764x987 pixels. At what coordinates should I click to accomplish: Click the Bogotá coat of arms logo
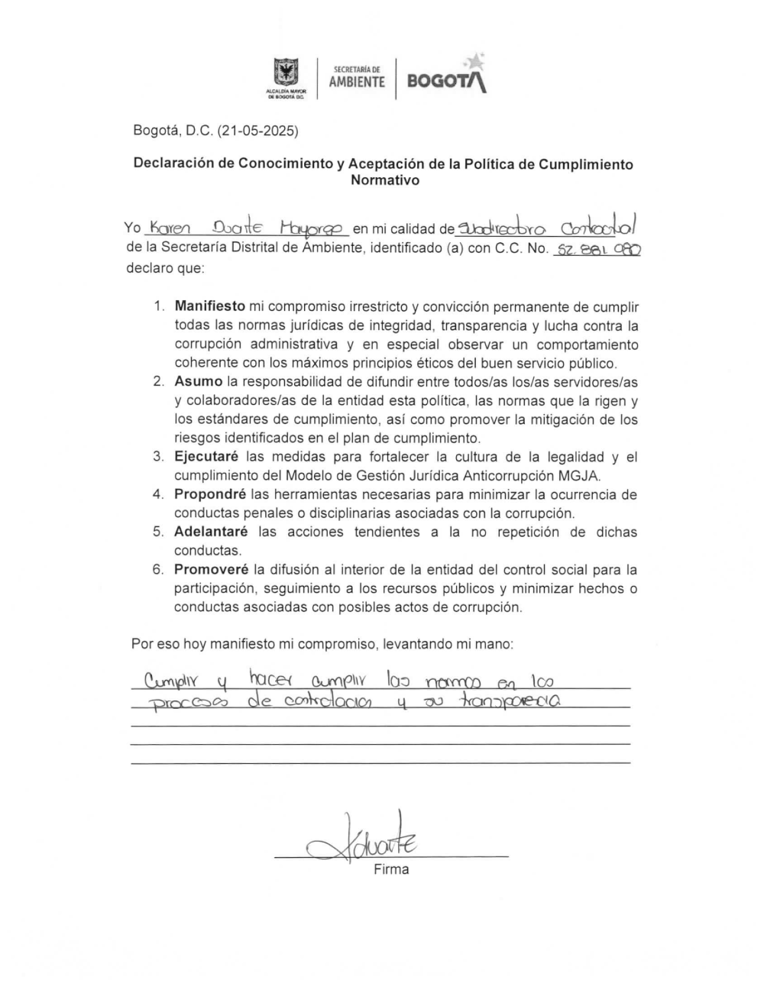tap(286, 75)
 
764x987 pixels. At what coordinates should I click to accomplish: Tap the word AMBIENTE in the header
tap(357, 83)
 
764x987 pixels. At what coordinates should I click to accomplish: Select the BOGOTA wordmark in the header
tap(446, 81)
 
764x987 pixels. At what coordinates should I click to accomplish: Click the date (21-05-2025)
tap(257, 131)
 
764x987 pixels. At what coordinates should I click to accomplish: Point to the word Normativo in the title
tap(385, 181)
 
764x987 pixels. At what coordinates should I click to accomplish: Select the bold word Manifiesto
tap(210, 306)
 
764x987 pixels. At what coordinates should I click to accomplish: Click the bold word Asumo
tap(198, 381)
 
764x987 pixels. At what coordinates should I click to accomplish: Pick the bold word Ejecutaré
tap(205, 457)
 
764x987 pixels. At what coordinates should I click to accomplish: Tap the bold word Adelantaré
tap(211, 532)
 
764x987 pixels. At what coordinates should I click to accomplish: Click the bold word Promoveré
tap(211, 569)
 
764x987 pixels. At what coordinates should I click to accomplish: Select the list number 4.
tap(158, 494)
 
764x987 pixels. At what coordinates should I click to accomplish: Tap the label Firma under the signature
tap(391, 869)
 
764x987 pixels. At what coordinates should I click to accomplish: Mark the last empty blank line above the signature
tap(380, 762)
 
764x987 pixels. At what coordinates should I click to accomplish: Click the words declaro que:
tap(165, 269)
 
